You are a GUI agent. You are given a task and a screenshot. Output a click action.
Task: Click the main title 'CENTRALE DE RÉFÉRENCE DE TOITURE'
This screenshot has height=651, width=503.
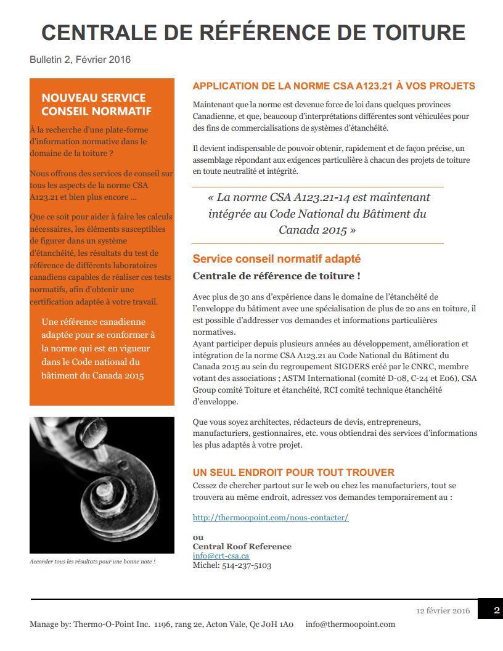253,32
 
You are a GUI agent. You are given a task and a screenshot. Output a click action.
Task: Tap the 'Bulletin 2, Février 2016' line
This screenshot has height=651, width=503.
80,60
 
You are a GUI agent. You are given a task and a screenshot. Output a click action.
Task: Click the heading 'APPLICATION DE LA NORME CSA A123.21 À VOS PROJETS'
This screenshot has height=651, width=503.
333,86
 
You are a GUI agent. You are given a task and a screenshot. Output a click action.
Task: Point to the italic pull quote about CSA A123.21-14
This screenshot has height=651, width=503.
317,214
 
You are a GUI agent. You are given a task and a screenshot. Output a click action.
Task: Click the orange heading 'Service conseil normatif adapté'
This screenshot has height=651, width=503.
277,259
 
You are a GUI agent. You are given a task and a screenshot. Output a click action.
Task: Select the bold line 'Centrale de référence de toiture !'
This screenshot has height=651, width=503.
277,276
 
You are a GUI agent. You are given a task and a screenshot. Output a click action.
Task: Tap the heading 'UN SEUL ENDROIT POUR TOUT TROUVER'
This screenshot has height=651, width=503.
293,472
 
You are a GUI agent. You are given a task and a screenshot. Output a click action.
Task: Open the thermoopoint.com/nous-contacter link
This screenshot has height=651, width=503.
271,517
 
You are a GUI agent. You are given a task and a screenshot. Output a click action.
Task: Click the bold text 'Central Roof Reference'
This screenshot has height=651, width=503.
242,546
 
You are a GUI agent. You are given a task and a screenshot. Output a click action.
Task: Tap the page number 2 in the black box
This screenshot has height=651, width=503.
497,611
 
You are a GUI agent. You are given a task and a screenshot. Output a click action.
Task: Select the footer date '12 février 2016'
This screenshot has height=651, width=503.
443,611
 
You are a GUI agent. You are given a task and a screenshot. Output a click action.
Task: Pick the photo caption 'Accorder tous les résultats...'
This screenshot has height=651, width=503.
92,562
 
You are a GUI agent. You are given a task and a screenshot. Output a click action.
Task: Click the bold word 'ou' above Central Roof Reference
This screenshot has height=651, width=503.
198,537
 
